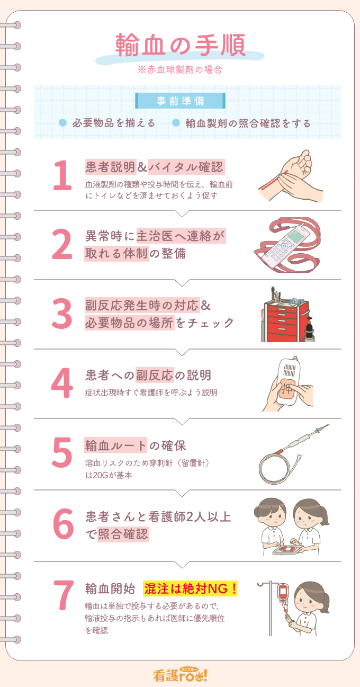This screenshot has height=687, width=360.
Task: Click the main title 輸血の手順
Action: (x=181, y=45)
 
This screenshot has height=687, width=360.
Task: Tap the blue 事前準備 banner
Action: (x=181, y=101)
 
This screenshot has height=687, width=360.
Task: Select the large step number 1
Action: (x=62, y=175)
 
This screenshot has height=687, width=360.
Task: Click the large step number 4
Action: (x=62, y=383)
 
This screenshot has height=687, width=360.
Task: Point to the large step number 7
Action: (x=64, y=595)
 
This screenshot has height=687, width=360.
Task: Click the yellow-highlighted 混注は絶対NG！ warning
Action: (x=190, y=589)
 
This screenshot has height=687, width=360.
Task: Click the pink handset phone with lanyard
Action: (x=287, y=245)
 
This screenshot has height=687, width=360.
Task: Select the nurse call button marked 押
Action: (x=287, y=389)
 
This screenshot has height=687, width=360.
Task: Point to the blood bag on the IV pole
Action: (x=283, y=591)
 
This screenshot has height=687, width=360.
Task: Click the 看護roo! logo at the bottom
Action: (x=181, y=674)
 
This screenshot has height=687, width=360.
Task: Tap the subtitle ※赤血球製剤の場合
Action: (x=179, y=69)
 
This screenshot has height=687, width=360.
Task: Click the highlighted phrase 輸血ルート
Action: (x=115, y=445)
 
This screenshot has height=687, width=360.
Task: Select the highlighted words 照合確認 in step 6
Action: (x=123, y=534)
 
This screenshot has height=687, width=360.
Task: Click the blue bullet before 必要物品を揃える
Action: (x=62, y=123)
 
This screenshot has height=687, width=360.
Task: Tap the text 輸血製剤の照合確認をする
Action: (x=248, y=123)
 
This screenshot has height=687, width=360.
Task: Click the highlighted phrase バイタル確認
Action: (x=186, y=167)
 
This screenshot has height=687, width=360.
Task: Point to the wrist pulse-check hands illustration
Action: (x=290, y=175)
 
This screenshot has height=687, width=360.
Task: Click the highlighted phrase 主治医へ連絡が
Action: (x=181, y=236)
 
